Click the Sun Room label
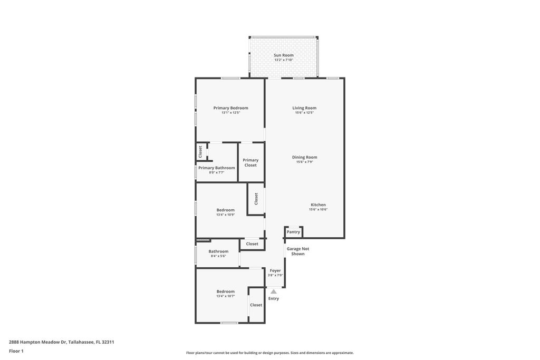pos(284,55)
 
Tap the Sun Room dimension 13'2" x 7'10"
pos(284,60)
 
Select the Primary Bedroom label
pos(230,108)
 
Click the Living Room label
pos(304,108)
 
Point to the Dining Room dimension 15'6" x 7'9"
pos(304,162)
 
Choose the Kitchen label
pos(318,205)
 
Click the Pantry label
pos(293,232)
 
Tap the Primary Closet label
pos(250,163)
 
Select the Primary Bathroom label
pos(217,168)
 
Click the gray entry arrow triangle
pos(273,291)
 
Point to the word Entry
pos(273,299)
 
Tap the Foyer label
pos(275,270)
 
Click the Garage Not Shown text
pos(298,251)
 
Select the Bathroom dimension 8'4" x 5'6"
pos(218,256)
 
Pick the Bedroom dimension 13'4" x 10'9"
pos(225,215)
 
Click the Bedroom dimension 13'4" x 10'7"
pos(225,296)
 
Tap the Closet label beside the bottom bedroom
pos(256,305)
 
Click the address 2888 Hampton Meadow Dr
pos(37,342)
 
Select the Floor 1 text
pos(16,351)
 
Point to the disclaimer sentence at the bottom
pos(269,353)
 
